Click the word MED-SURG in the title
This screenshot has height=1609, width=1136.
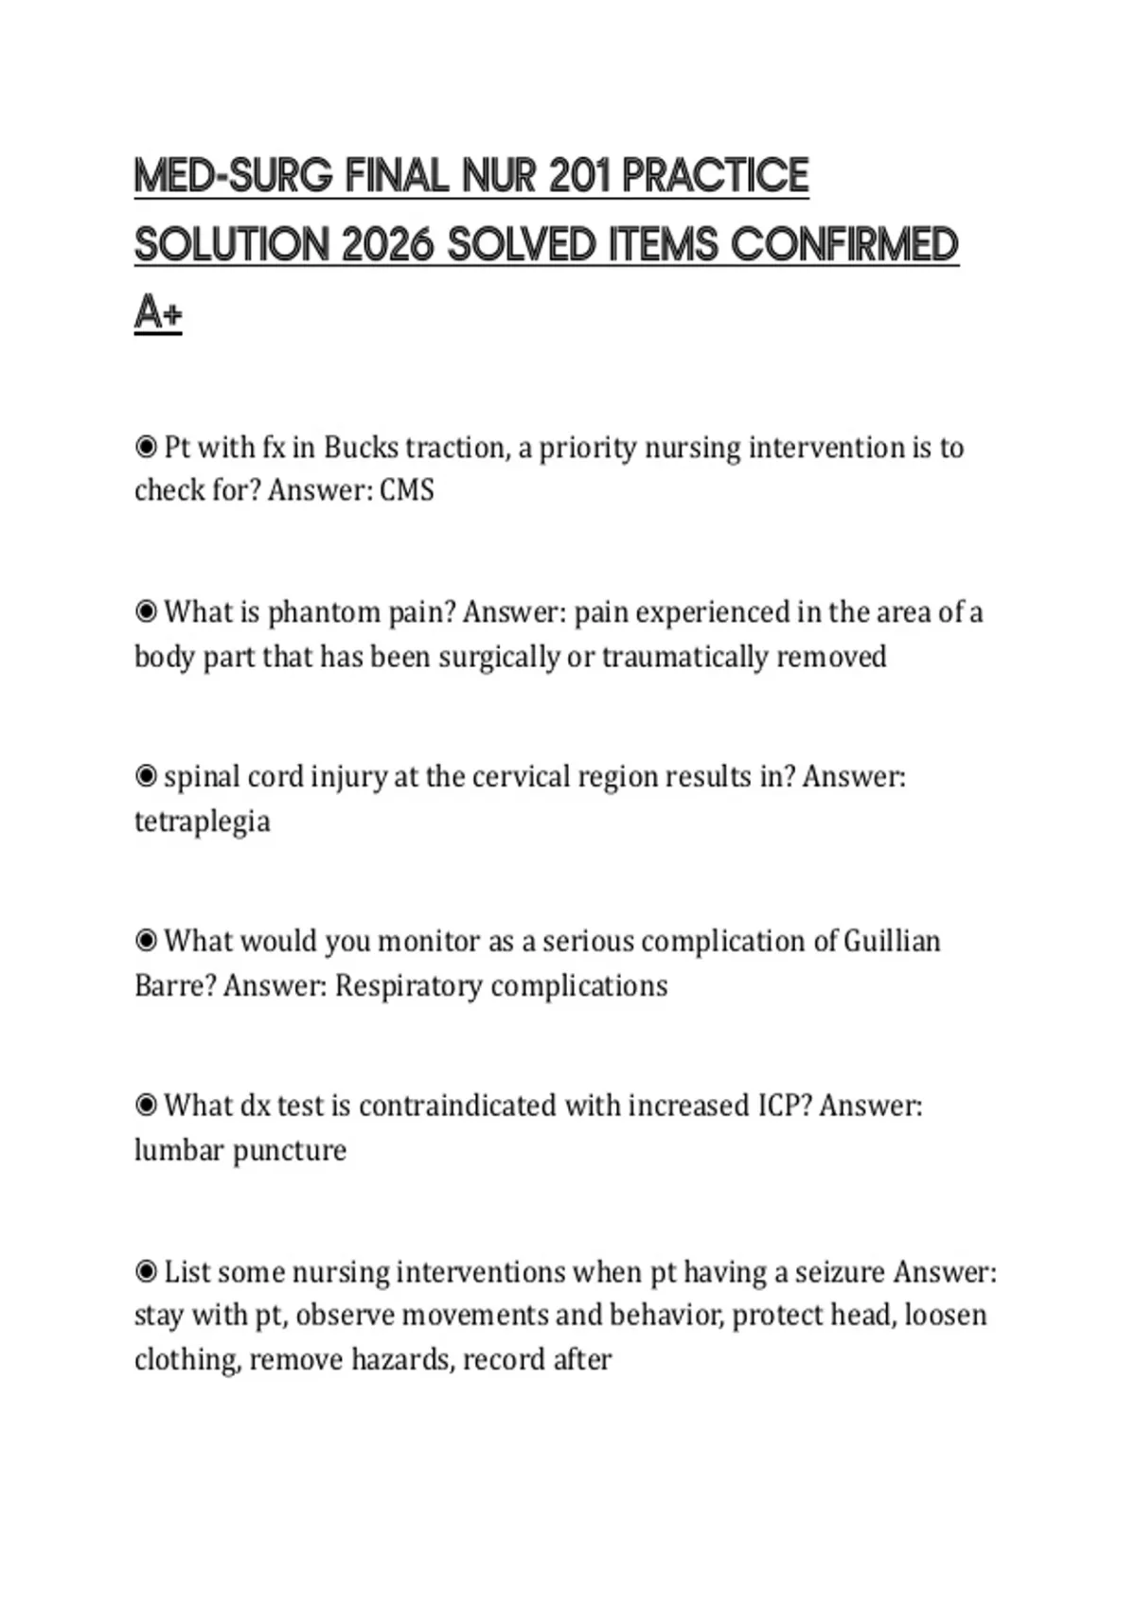pyautogui.click(x=233, y=176)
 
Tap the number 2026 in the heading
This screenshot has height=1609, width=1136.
pyautogui.click(x=387, y=245)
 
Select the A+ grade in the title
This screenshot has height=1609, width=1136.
pyautogui.click(x=158, y=312)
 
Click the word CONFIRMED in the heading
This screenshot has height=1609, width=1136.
pyautogui.click(x=844, y=245)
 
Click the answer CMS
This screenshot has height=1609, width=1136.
pyautogui.click(x=407, y=490)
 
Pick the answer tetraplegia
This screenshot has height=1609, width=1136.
pyautogui.click(x=202, y=822)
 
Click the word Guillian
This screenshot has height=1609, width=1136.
pyautogui.click(x=892, y=942)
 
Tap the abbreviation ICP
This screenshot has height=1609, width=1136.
pyautogui.click(x=784, y=1105)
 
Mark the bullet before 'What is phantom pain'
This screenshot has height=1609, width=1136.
pyautogui.click(x=146, y=611)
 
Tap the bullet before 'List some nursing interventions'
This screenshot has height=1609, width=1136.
pyautogui.click(x=146, y=1271)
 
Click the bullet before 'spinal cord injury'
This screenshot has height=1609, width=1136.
pyautogui.click(x=146, y=776)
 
